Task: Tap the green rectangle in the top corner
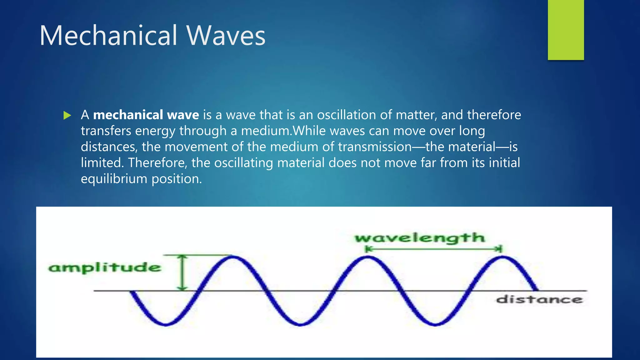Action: point(566,30)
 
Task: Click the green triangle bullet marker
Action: point(67,115)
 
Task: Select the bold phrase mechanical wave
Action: point(146,115)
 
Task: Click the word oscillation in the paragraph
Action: point(347,115)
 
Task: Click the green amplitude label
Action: point(105,267)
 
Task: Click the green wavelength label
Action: point(420,238)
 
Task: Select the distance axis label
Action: point(539,299)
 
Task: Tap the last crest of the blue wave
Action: point(502,257)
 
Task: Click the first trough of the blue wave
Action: point(166,324)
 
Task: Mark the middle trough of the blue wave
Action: point(300,324)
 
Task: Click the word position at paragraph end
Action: point(177,179)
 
